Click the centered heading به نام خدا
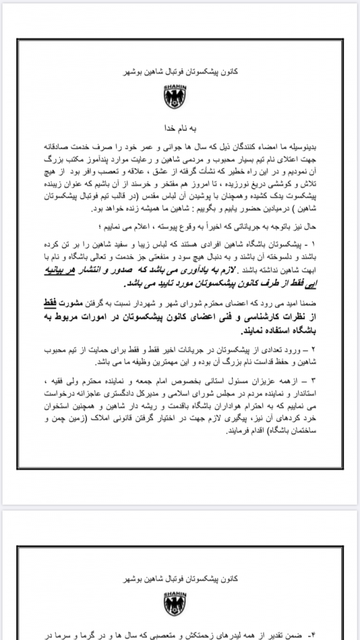[x=179, y=125]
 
